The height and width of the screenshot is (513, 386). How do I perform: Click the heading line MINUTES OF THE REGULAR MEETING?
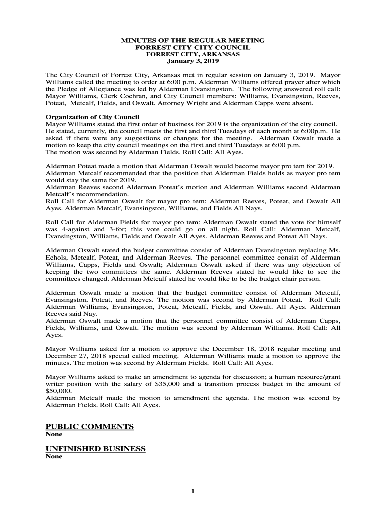click(x=193, y=40)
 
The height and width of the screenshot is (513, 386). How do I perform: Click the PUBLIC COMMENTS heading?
click(x=90, y=426)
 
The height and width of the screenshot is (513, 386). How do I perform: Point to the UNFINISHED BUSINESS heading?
click(x=95, y=449)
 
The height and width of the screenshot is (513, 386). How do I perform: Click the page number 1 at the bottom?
click(x=192, y=492)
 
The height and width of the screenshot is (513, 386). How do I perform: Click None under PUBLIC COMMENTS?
click(x=54, y=435)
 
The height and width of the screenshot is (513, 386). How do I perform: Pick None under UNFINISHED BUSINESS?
click(x=54, y=457)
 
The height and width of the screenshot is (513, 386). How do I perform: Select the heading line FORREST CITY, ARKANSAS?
click(x=193, y=54)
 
